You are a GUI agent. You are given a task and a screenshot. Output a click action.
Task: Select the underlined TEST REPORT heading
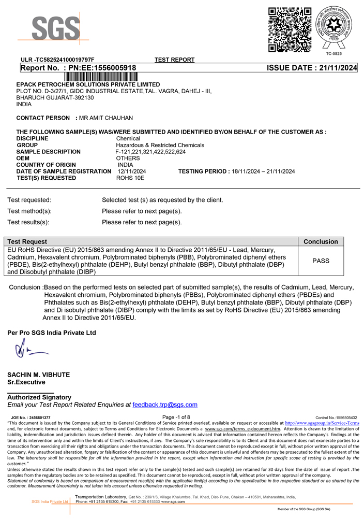tap(174, 60)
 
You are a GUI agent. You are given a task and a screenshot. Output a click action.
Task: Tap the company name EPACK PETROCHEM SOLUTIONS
tap(88, 84)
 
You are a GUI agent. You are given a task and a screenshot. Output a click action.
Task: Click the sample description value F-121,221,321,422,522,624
tap(150, 152)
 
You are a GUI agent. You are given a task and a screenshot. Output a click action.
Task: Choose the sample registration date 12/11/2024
tap(132, 171)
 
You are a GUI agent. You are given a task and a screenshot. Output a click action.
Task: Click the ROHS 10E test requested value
tap(130, 178)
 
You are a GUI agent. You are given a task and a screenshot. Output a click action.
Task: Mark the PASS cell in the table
tap(321, 261)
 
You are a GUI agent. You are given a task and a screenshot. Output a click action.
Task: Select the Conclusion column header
tap(321, 242)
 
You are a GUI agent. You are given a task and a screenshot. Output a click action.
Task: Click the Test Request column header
tap(27, 242)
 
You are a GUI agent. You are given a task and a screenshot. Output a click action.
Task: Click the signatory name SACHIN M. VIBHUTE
tap(38, 375)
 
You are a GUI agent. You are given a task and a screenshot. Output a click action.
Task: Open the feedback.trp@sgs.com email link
tap(165, 405)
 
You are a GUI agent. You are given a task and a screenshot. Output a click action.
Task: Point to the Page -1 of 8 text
tap(176, 417)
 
